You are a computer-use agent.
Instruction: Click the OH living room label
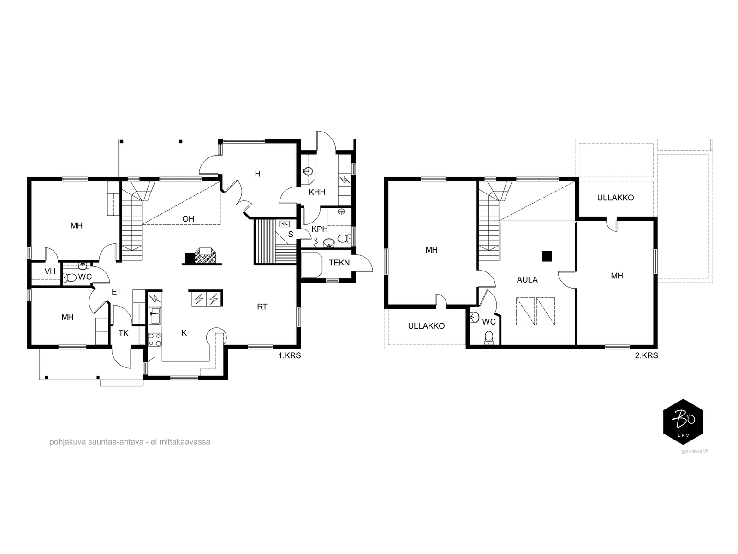coord(188,219)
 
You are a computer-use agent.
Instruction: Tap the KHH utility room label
coord(317,192)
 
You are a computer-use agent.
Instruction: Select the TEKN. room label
coord(340,263)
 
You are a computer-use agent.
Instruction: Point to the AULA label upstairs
coord(527,279)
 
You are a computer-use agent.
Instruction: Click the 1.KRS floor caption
coord(290,355)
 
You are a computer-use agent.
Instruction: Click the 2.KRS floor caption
coord(646,355)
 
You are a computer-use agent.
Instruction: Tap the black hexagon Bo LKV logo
coord(683,422)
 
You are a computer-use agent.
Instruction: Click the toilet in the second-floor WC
coord(489,337)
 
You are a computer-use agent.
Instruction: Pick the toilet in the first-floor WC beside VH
coord(70,277)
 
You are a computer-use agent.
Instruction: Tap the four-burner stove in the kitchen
coord(155,339)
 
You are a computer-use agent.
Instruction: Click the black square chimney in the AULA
coord(547,256)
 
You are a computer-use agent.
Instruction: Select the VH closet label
coord(50,271)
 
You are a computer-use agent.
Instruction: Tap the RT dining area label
coord(262,307)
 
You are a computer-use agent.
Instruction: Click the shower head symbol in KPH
coord(342,211)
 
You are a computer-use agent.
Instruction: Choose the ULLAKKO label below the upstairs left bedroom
coord(426,326)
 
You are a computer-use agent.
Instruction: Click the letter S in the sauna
coord(291,235)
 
